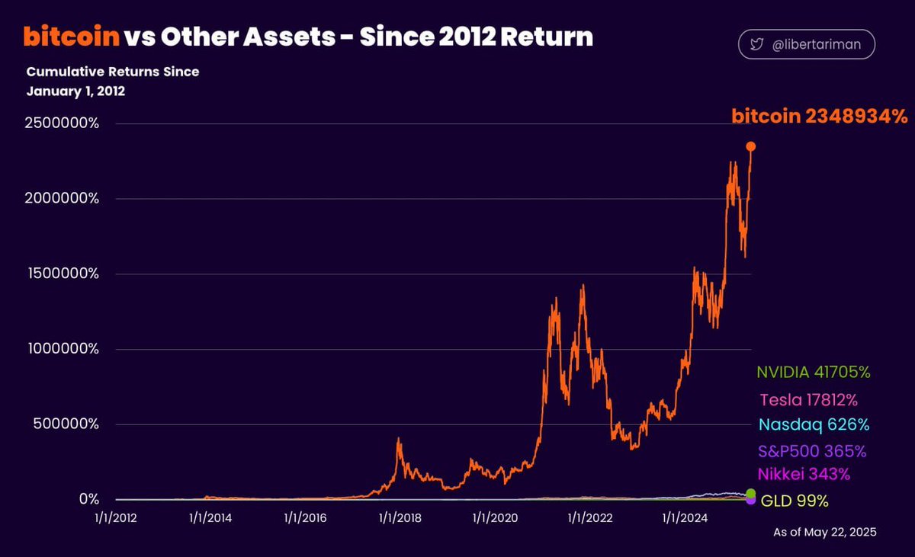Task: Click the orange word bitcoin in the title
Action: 72,36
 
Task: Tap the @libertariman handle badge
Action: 806,44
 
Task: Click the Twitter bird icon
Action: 756,45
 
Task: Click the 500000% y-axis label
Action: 66,424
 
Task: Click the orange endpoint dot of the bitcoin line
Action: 751,146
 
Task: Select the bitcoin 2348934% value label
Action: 820,117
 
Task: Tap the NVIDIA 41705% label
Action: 813,373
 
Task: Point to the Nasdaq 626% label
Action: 814,424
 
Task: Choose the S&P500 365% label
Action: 812,450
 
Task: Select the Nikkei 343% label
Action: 803,474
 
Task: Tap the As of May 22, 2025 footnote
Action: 824,533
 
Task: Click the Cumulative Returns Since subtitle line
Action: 113,72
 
